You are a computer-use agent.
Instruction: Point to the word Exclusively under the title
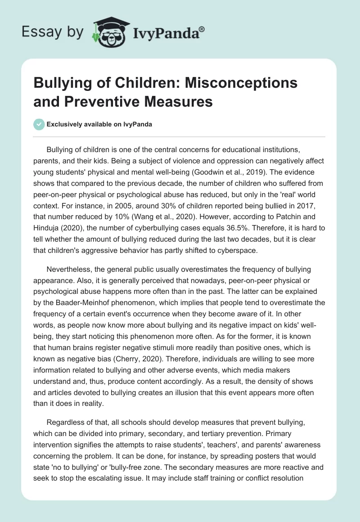tap(66, 124)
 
